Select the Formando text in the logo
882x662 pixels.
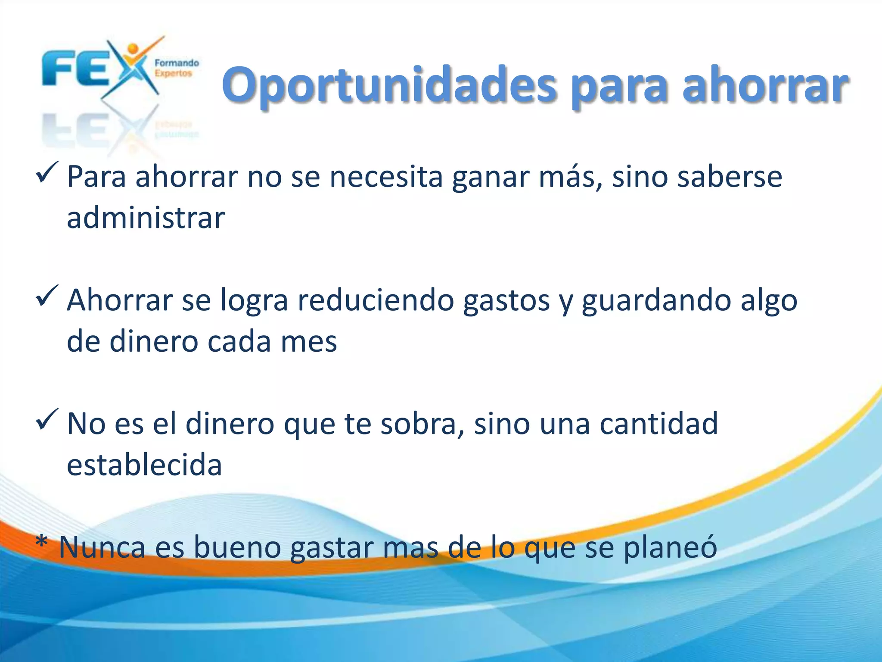(177, 63)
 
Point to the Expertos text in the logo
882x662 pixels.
(173, 73)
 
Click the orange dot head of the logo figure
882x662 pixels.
(133, 49)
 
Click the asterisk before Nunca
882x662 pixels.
(42, 542)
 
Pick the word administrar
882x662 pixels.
(146, 218)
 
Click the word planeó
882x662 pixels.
(670, 547)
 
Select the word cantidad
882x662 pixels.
(659, 423)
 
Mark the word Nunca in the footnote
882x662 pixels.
(102, 547)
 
